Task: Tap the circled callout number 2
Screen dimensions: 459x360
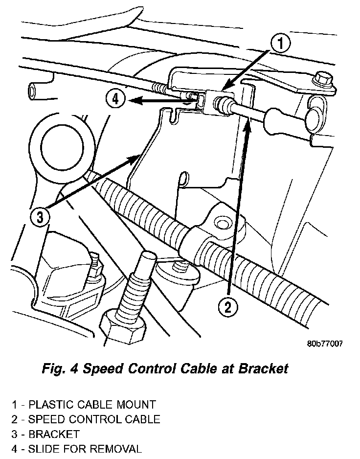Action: pyautogui.click(x=228, y=307)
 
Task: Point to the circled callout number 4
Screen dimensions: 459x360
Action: pyautogui.click(x=115, y=99)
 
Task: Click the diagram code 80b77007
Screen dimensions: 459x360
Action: pyautogui.click(x=325, y=343)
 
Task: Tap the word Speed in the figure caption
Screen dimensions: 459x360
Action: pyautogui.click(x=101, y=368)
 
